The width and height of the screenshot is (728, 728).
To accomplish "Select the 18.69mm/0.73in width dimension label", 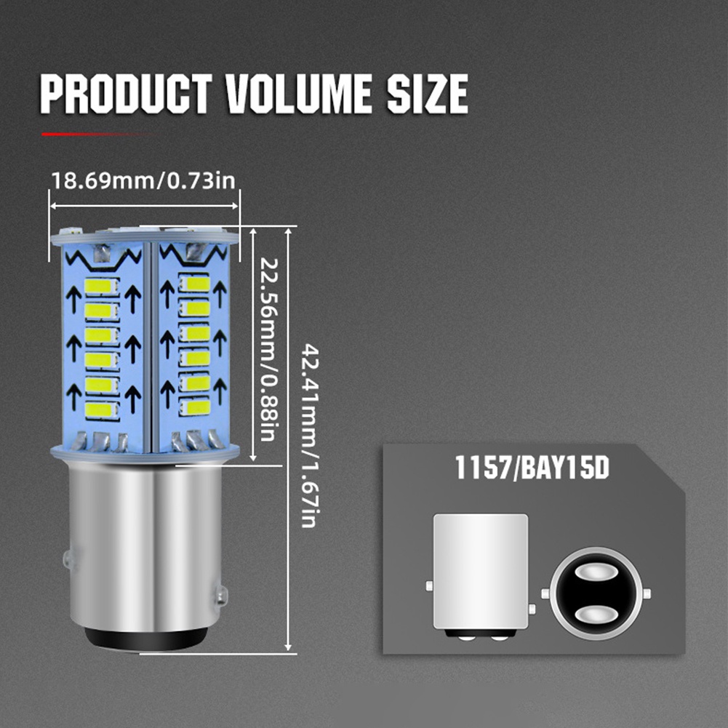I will click(x=143, y=180).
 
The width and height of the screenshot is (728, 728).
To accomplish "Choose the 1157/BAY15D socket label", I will click(x=531, y=468).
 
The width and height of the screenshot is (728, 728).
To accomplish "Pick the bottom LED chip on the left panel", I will click(x=101, y=409).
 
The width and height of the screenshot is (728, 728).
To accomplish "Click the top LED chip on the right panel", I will click(x=193, y=283).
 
